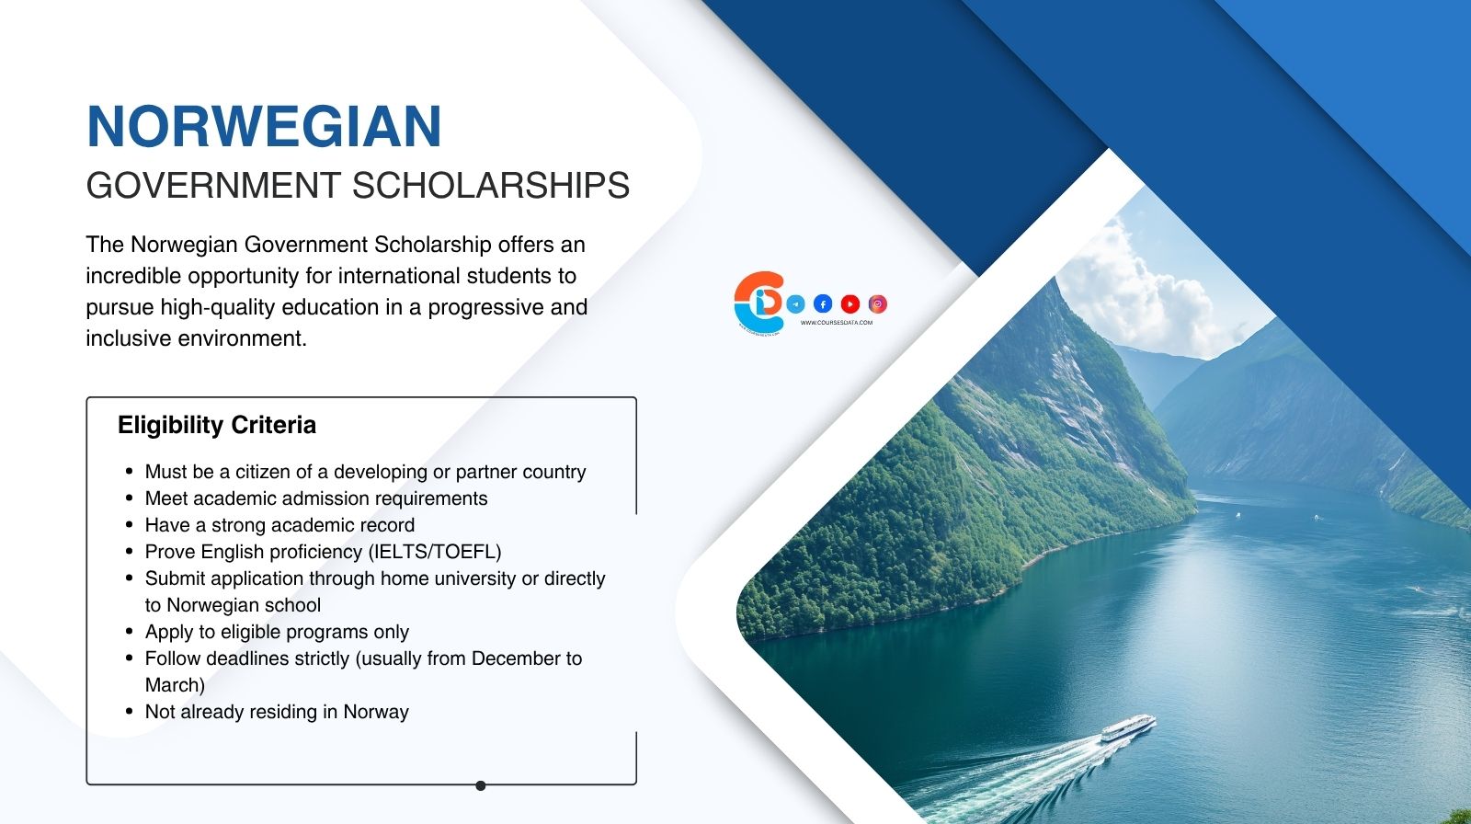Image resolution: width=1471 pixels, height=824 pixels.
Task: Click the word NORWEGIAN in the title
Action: [x=264, y=127]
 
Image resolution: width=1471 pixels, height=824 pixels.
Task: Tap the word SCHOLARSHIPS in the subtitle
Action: [x=491, y=186]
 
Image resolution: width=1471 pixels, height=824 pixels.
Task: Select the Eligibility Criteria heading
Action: [x=217, y=425]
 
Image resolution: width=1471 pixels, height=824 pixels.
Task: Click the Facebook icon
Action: [x=823, y=303]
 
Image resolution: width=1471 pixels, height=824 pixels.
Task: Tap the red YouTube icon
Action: [x=850, y=303]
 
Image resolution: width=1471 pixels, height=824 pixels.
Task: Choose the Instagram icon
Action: [x=878, y=303]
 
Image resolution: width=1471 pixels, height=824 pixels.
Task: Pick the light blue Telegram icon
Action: [x=795, y=303]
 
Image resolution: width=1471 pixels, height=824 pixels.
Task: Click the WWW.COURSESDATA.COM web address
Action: [x=837, y=323]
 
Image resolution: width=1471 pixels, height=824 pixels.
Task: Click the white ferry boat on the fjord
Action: [x=1127, y=728]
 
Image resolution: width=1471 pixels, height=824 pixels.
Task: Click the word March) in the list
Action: [x=175, y=685]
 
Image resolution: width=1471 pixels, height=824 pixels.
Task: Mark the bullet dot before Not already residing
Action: [x=130, y=712]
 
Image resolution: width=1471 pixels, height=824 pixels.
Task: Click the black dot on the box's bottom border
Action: [x=481, y=785]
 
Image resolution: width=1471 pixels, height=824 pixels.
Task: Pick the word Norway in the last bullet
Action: [x=376, y=712]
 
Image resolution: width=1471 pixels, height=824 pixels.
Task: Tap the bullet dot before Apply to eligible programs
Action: [x=130, y=632]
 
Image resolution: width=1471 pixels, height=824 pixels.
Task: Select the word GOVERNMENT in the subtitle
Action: [x=213, y=186]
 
